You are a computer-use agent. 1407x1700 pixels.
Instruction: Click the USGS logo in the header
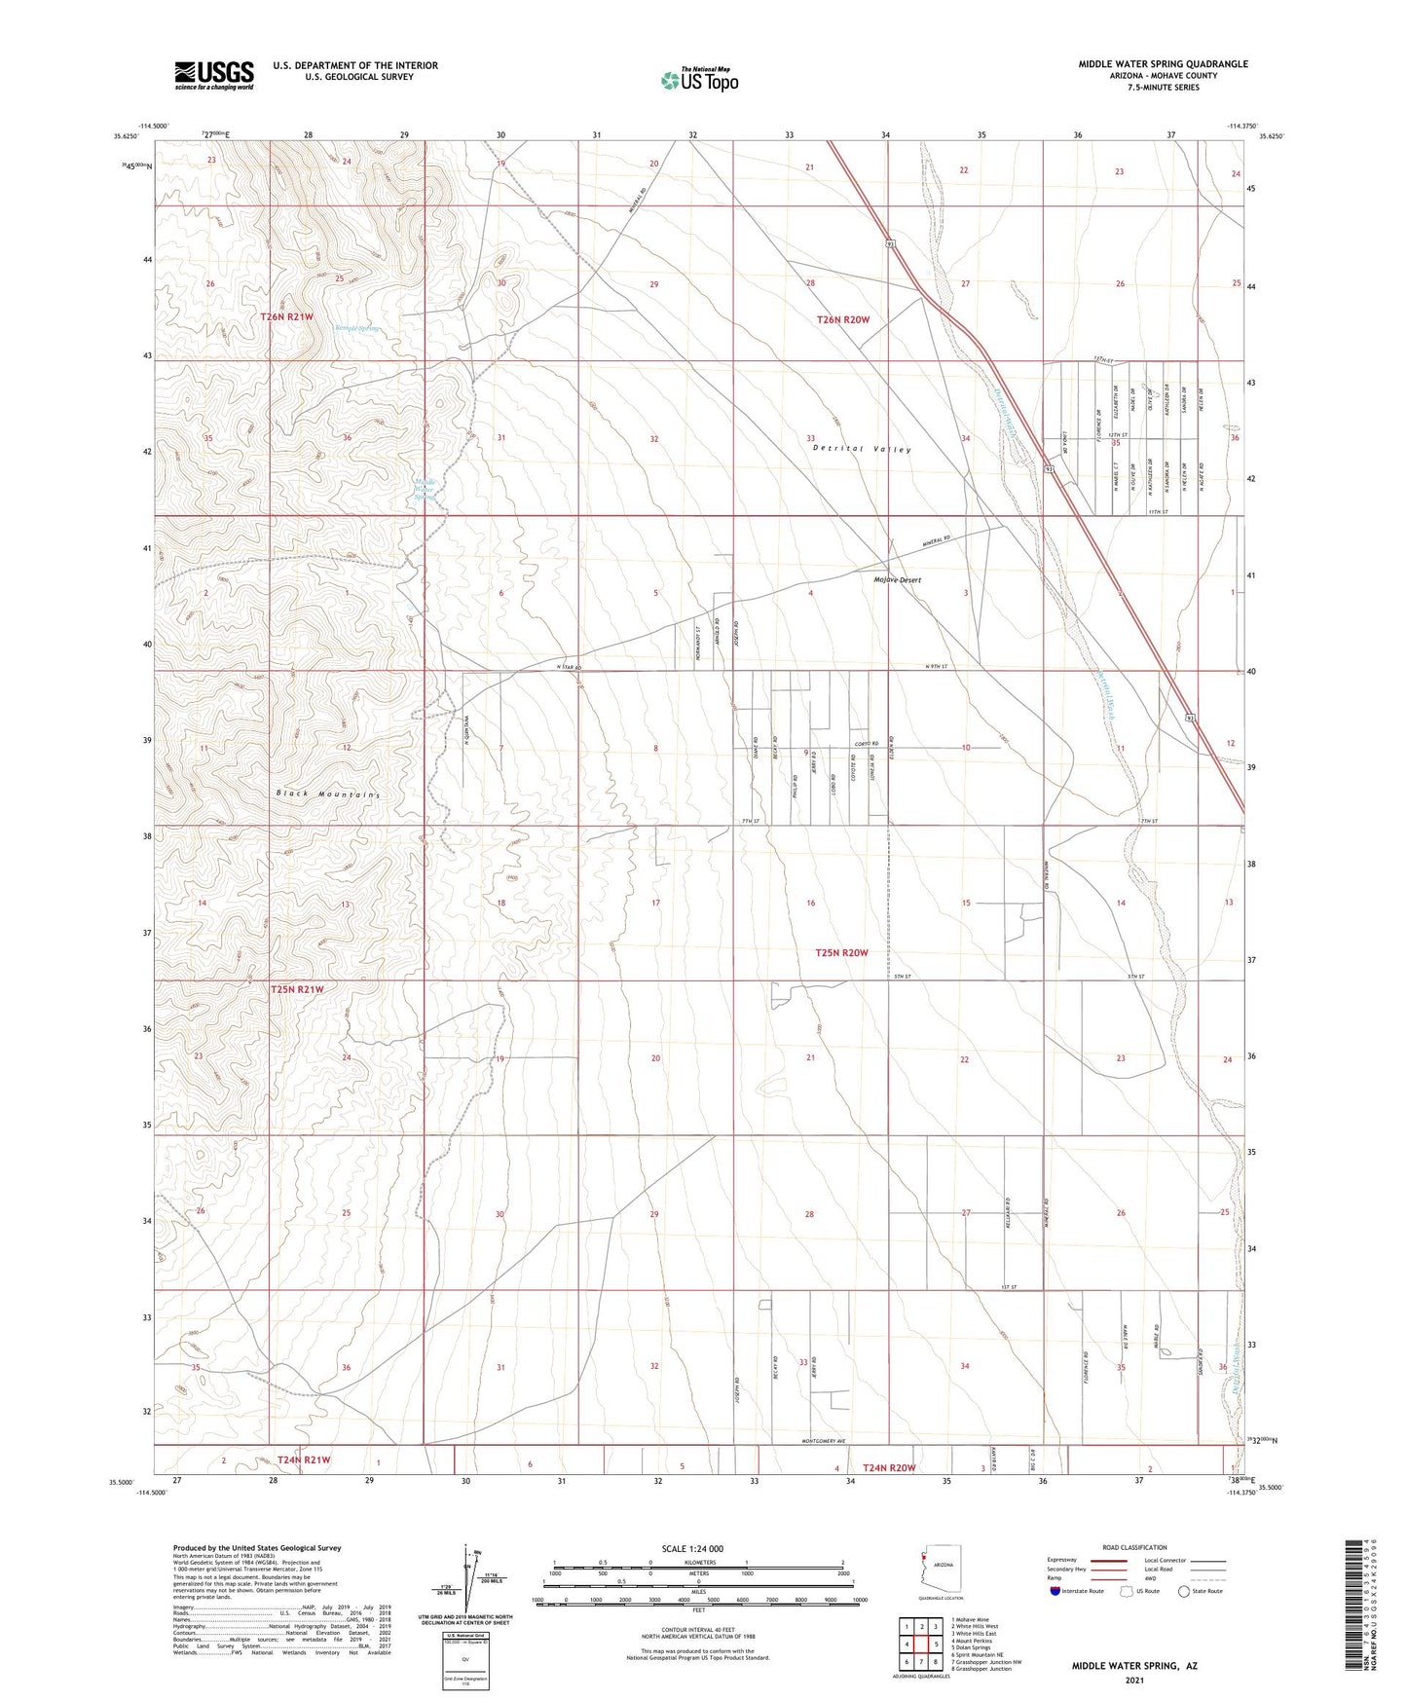214,74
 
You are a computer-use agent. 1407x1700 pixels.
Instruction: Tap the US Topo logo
698,80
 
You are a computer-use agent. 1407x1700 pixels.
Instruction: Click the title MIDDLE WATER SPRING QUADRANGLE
1163,64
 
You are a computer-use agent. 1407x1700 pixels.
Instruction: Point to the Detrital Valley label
862,450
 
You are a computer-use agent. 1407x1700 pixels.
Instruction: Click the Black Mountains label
326,794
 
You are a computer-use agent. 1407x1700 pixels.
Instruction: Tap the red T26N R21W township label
286,317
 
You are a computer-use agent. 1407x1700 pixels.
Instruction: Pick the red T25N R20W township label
841,952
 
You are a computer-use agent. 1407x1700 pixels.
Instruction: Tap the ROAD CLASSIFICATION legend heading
1134,1547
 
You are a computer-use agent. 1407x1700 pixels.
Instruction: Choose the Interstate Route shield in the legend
1055,1592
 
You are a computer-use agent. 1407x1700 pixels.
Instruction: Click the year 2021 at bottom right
1134,1680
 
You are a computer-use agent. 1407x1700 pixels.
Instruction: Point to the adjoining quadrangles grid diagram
920,1645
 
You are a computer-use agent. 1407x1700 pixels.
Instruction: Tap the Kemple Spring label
356,328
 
